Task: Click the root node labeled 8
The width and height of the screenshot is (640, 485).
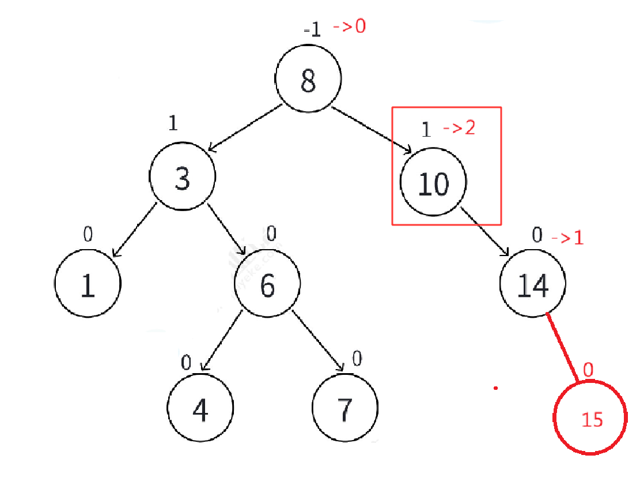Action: (308, 78)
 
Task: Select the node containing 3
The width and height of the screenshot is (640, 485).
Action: (183, 176)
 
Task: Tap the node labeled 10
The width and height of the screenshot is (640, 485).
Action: (433, 182)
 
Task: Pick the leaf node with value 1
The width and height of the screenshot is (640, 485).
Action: (88, 283)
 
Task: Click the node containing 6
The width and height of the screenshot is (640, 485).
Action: (267, 283)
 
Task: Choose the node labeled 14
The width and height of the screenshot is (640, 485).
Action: (533, 283)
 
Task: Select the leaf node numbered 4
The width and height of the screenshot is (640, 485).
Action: (200, 407)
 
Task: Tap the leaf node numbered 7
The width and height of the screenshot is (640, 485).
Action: (345, 407)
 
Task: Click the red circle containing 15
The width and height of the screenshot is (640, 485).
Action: (590, 417)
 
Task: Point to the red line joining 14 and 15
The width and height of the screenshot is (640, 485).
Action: (562, 348)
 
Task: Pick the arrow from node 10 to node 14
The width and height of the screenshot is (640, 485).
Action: (485, 231)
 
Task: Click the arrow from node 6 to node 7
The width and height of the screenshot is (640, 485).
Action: (317, 341)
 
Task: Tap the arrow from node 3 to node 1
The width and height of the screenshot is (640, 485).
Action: (134, 230)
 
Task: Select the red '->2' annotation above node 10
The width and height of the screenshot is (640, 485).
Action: (459, 128)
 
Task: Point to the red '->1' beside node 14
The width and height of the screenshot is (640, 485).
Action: (568, 238)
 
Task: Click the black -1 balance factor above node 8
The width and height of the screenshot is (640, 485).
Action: (312, 30)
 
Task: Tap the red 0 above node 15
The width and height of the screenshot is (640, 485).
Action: (588, 370)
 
